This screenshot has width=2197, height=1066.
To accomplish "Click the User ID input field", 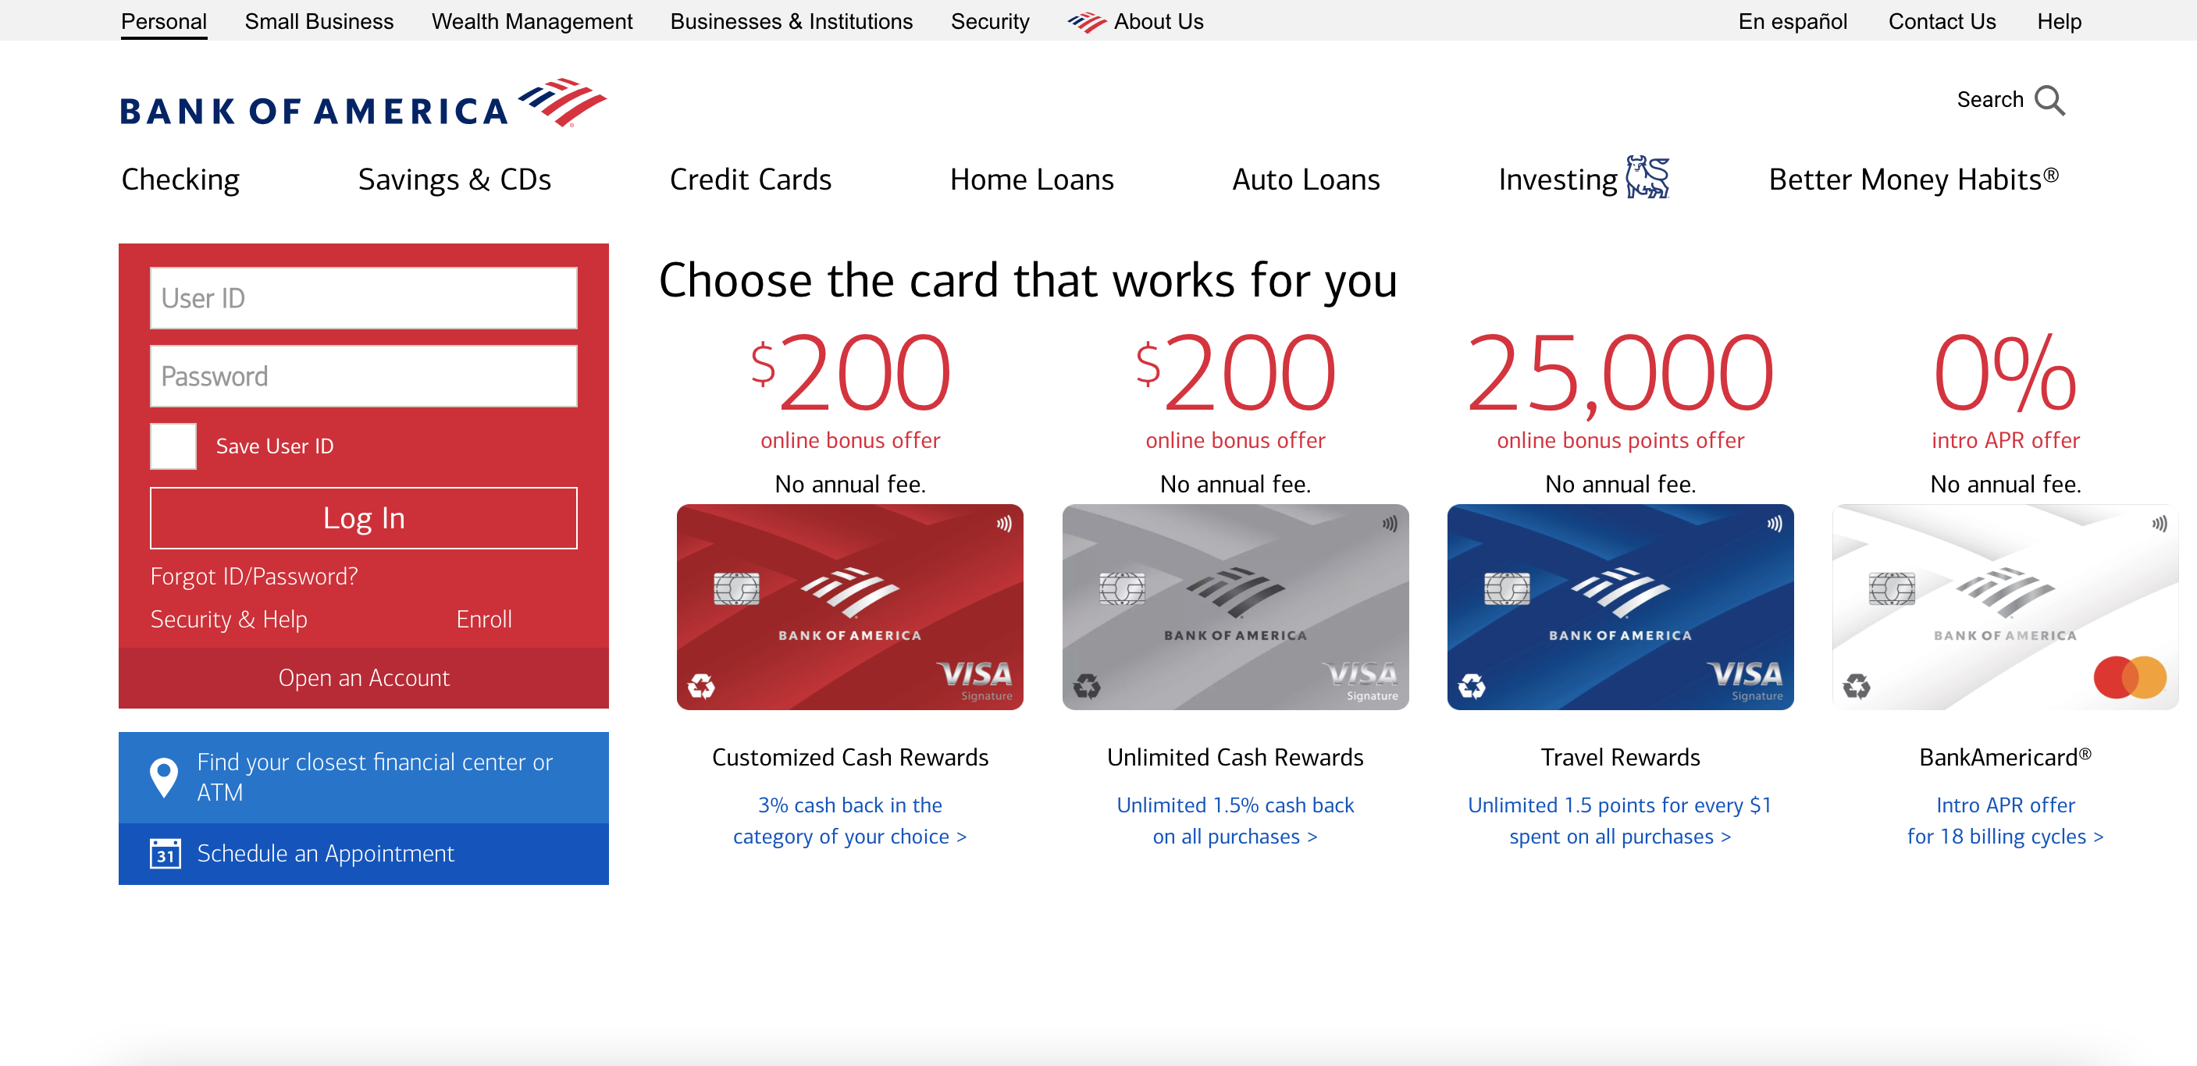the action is point(363,298).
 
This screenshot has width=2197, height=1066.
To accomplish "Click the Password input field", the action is point(363,376).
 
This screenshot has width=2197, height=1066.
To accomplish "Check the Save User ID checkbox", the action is point(173,446).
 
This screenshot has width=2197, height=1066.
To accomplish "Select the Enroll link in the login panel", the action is point(483,619).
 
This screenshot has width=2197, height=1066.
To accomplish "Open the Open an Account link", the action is point(363,678).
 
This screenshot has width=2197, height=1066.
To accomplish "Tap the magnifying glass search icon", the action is point(2049,101).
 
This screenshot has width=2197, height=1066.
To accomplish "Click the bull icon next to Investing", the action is point(1647,177).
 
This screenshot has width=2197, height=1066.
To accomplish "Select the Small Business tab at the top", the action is point(319,21).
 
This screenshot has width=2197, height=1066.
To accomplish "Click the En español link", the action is point(1793,21).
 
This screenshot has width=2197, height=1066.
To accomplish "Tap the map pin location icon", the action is point(164,777).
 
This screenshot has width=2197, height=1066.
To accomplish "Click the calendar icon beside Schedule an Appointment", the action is point(166,853).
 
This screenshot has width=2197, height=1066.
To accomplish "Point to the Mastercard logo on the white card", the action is point(2130,677).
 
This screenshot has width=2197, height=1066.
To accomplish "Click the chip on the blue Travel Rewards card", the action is point(1507,588).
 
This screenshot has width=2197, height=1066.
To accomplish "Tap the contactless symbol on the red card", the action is point(1005,524).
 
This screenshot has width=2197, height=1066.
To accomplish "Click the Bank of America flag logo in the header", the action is point(563,102).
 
